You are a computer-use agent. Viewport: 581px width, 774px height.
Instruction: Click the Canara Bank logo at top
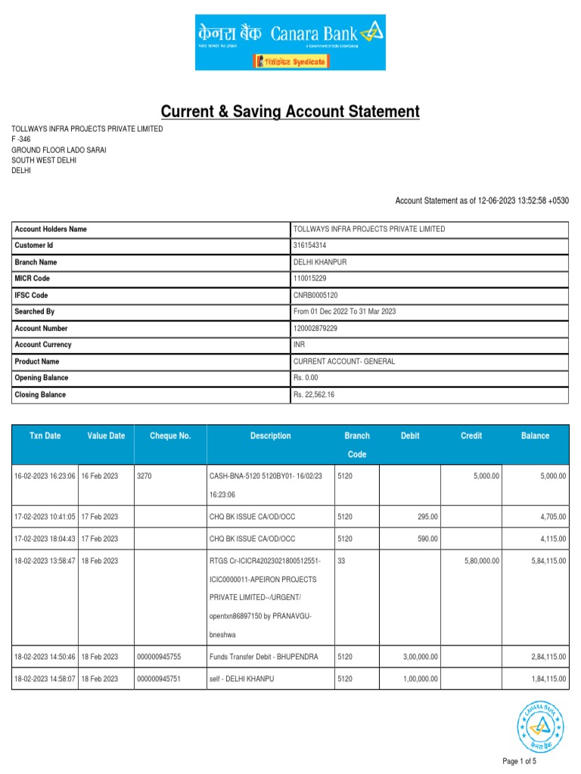290,42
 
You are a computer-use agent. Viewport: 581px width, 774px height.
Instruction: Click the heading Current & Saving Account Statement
290,112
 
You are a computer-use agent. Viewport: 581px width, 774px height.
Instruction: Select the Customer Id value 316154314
311,246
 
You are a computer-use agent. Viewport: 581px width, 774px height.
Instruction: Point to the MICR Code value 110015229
310,279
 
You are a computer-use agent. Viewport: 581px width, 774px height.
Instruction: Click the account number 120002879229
315,329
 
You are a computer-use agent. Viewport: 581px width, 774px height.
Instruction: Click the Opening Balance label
42,378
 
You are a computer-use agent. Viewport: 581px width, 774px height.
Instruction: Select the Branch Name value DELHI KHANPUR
320,262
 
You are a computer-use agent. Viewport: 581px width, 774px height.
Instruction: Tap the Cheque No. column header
170,436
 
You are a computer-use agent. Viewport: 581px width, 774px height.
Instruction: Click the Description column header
270,436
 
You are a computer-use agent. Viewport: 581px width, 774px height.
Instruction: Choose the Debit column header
410,436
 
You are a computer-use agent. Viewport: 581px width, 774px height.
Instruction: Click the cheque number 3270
144,476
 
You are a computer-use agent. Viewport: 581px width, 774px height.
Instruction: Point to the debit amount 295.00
427,517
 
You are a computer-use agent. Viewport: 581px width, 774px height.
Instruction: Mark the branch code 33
342,560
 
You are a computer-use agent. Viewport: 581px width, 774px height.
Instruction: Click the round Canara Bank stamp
540,726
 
